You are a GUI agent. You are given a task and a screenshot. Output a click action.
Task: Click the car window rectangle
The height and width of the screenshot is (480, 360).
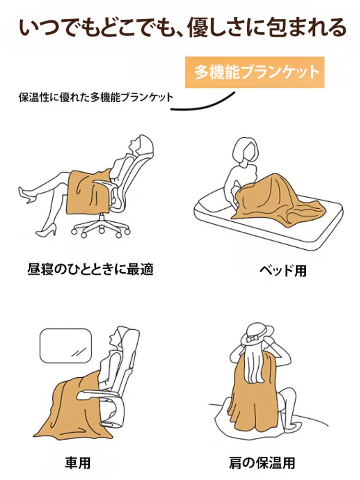pyautogui.click(x=65, y=346)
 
